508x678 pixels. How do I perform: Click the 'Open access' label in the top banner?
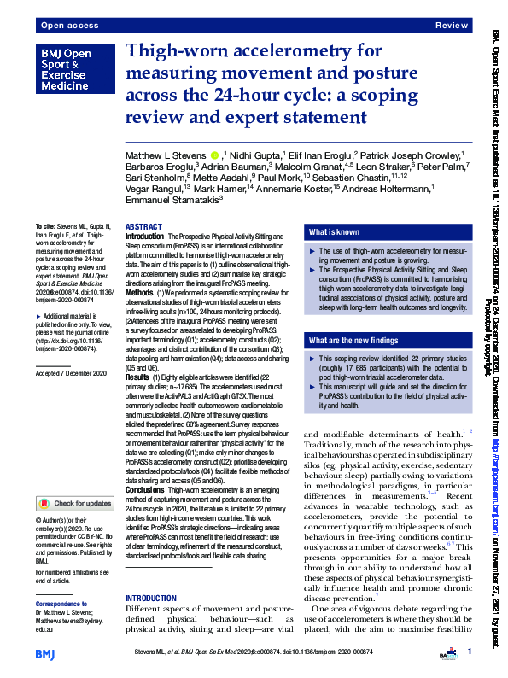pos(63,26)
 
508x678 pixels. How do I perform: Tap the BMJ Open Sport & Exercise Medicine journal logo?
pos(69,70)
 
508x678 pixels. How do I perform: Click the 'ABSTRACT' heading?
pos(143,226)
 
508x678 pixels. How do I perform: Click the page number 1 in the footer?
pos(470,652)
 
